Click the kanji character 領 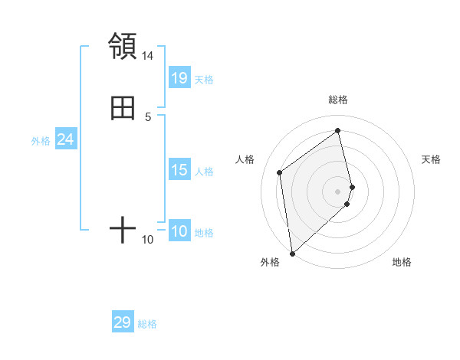tap(123, 46)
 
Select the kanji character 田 tap(123, 108)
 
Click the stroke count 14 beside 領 tap(148, 56)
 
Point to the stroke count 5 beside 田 tap(148, 117)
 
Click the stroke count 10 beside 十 tap(148, 240)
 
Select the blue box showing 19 tap(179, 77)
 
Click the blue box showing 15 tap(179, 170)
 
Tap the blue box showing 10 tap(179, 231)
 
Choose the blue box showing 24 tap(66, 139)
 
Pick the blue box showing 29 tap(123, 322)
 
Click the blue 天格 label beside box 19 tap(204, 80)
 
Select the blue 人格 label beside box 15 tap(204, 172)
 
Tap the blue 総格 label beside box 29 tap(147, 324)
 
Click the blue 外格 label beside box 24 tap(41, 141)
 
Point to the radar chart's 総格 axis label tap(338, 100)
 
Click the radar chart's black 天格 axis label tap(432, 159)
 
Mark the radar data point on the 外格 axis tap(291, 253)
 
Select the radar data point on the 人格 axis tap(280, 172)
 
